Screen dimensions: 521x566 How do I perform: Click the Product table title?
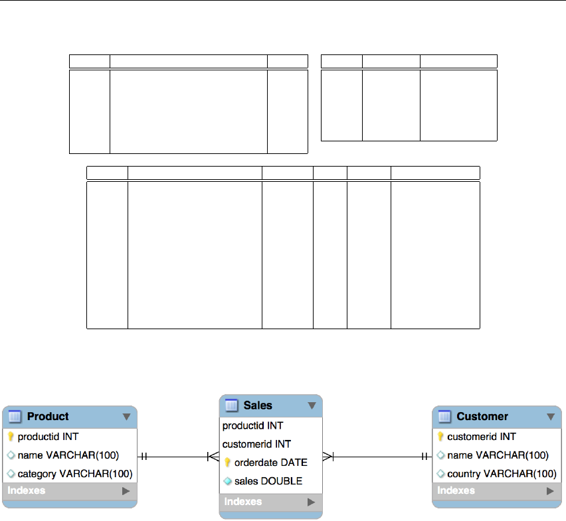[x=48, y=417]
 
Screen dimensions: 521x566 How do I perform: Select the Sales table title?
[x=258, y=406]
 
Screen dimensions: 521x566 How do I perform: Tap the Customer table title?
[x=482, y=417]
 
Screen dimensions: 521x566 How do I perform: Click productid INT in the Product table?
[x=48, y=437]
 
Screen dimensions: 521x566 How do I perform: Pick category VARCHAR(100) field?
[x=75, y=474]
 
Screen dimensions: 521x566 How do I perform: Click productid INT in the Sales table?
[x=253, y=425]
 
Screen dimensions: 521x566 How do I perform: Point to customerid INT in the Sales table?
[x=257, y=444]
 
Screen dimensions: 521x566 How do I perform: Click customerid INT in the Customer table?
[x=482, y=437]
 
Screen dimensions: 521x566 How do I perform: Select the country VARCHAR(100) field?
[x=502, y=474]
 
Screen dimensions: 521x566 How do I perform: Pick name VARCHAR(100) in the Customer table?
[x=498, y=455]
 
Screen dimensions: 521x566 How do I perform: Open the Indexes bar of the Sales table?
[x=270, y=502]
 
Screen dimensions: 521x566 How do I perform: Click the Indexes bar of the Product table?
[x=69, y=491]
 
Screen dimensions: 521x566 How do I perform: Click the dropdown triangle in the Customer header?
[x=550, y=417]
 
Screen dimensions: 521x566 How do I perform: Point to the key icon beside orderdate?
[x=228, y=463]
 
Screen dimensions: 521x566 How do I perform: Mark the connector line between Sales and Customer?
[x=379, y=456]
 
